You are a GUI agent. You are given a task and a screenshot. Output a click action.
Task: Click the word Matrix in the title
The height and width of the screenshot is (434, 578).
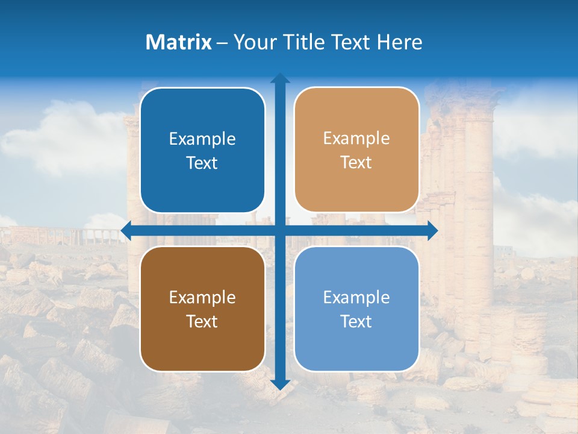pos(179,42)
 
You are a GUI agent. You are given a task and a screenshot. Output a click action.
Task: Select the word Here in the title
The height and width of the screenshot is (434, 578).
pos(399,42)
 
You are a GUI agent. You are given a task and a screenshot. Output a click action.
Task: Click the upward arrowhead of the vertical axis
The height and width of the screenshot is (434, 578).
pos(280,79)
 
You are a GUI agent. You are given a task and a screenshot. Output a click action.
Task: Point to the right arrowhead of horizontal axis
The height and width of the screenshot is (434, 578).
pos(432,230)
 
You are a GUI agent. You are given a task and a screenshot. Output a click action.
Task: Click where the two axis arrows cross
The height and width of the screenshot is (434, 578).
pos(280,230)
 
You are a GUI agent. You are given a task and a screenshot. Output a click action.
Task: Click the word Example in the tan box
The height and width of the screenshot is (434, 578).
pos(356,138)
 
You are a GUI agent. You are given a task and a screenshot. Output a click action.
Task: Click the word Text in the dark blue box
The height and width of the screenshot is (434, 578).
pos(202,163)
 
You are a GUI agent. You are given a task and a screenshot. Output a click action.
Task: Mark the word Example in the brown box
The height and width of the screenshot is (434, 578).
pos(202,297)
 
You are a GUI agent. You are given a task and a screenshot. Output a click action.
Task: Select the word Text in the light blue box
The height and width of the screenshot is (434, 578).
pos(356,321)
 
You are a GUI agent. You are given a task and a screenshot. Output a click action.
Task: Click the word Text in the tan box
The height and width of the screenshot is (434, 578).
pos(356,162)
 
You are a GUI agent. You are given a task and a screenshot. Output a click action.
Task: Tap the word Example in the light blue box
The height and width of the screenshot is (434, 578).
pos(356,297)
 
